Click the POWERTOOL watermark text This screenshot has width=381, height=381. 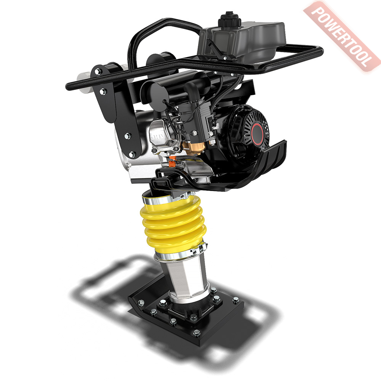(342, 37)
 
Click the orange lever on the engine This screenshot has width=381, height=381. (172, 162)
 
